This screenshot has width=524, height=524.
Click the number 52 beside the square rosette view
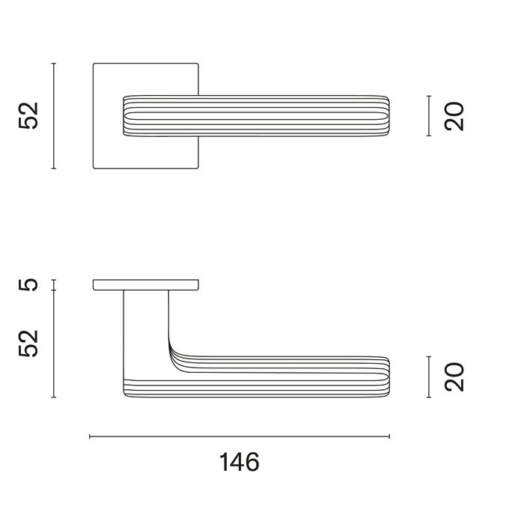(28, 116)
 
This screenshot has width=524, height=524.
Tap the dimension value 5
(28, 285)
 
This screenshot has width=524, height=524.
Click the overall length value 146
(240, 462)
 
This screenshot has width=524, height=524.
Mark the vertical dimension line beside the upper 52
(54, 116)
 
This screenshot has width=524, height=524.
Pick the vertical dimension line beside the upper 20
(428, 116)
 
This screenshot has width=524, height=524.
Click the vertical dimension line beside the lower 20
(428, 376)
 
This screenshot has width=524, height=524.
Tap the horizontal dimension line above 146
(240, 436)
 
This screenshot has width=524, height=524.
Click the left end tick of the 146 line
(90, 436)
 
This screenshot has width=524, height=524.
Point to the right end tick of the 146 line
(390, 436)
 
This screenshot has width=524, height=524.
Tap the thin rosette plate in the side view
(146, 284)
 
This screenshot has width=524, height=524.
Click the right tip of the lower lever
(387, 376)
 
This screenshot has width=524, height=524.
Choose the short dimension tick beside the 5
(54, 285)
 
